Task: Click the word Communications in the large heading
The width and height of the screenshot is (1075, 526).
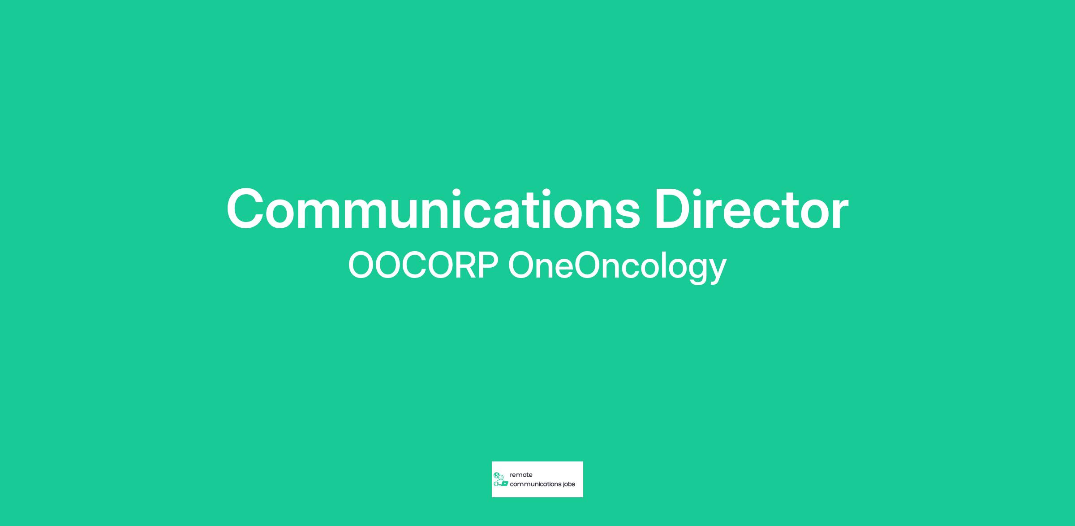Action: pyautogui.click(x=434, y=209)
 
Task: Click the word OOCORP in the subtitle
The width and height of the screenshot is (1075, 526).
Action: pyautogui.click(x=423, y=266)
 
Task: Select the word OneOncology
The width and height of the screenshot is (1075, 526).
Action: pyautogui.click(x=617, y=268)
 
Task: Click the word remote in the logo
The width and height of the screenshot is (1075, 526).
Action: pyautogui.click(x=521, y=475)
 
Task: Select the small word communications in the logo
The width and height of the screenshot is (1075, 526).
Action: pyautogui.click(x=536, y=484)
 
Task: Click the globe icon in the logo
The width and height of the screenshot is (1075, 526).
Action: pyautogui.click(x=496, y=475)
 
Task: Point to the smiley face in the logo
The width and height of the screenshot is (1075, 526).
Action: pyautogui.click(x=501, y=477)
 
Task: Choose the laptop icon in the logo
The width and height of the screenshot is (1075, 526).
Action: pyautogui.click(x=504, y=484)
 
